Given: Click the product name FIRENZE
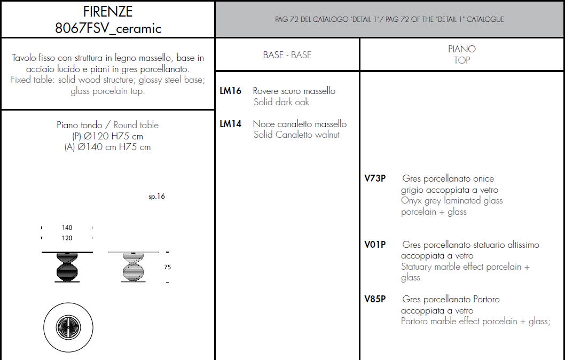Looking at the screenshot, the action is (108, 12).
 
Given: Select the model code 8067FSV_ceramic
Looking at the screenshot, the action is (108, 28).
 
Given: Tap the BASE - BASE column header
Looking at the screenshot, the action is (287, 55).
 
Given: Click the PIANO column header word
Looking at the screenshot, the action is (461, 49).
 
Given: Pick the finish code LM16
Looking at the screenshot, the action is (230, 91).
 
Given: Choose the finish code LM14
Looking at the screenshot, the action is (230, 124).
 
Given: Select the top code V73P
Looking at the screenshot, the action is (375, 178).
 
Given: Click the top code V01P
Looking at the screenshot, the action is (375, 245).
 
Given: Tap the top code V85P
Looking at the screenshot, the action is (375, 299).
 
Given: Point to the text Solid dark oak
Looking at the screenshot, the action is (281, 102).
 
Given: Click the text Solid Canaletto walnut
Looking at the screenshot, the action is (296, 135).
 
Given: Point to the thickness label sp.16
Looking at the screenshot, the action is (156, 197).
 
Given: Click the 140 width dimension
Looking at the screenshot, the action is (67, 228).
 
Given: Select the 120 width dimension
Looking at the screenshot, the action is (67, 238).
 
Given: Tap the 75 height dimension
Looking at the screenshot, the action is (167, 267).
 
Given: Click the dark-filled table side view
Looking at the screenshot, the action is (67, 267).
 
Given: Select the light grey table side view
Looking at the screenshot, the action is (134, 267).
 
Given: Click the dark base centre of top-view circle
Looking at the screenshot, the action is (68, 327).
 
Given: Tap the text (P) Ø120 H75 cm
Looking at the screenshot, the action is (107, 136).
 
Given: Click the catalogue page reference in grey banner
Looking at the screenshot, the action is (389, 19).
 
